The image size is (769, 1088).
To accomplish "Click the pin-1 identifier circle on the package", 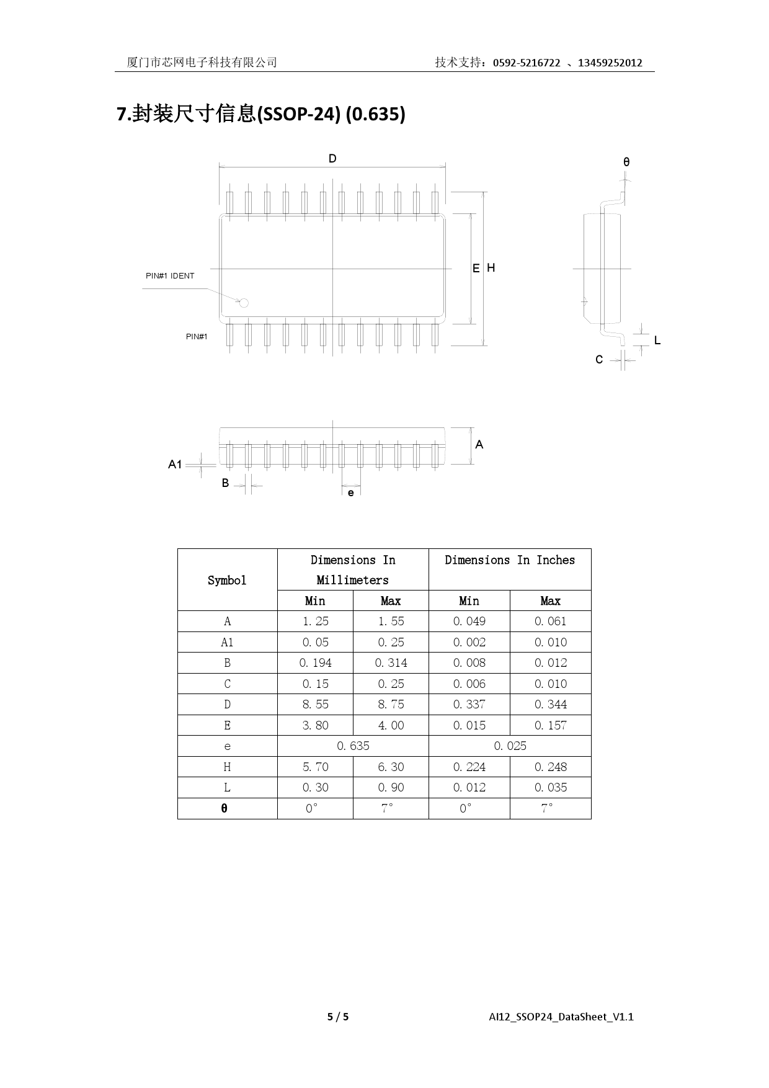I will (244, 303).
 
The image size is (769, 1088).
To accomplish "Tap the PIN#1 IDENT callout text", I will (170, 276).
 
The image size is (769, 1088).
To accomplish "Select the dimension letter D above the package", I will (332, 159).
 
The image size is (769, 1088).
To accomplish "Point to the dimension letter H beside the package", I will (491, 268).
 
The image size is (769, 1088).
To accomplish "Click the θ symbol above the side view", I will (626, 162).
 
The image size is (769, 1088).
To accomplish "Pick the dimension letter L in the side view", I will (657, 341).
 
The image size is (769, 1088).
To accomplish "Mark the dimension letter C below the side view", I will (599, 360).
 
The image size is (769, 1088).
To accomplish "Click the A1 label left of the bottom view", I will (175, 464).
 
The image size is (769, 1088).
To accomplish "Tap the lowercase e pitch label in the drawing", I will (351, 493).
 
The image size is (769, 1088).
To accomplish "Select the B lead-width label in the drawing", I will (225, 483).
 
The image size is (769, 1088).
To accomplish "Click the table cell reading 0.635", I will (353, 746).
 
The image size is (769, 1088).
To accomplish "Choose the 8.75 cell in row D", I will (391, 704).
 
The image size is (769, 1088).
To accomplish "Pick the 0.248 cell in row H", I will (550, 767).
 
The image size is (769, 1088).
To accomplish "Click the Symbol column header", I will (227, 580).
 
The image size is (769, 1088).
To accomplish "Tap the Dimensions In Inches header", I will (510, 560).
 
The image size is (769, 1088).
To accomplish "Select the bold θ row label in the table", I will (224, 808).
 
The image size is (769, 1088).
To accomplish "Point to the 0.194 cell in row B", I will (315, 662).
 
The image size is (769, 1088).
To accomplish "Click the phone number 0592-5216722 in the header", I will (527, 63).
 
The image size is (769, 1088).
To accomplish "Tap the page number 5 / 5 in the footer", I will (338, 1017).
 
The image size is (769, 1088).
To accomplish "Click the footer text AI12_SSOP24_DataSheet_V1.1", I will (561, 1017).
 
